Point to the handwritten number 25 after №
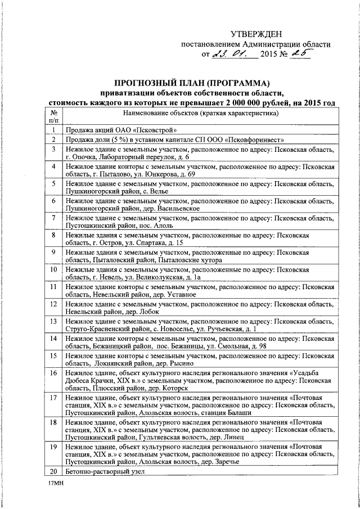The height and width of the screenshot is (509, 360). tap(299, 55)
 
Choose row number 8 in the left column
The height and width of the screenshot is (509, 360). tap(53, 235)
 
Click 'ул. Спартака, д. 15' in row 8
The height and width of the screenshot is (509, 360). tap(150, 242)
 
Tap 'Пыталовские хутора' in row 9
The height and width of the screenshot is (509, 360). tap(190, 260)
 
